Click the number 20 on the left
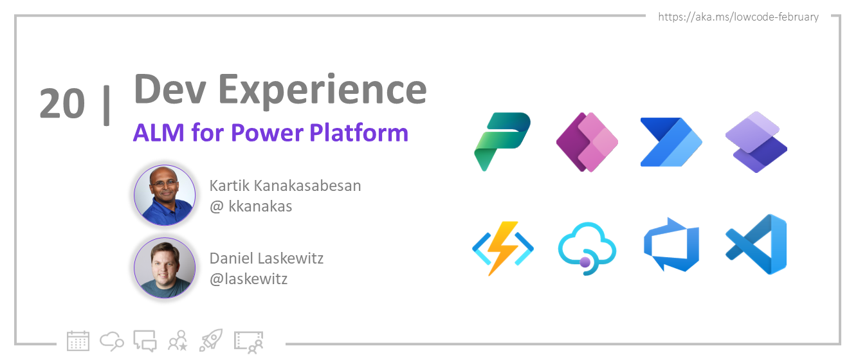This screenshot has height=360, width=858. pos(62,104)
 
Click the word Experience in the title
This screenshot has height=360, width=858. pos(322,91)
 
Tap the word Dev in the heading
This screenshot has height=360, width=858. pos(170,89)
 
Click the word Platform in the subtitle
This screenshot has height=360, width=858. pos(358,133)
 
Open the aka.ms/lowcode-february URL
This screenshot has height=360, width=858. pos(738,17)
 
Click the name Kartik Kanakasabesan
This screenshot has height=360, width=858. pos(285,186)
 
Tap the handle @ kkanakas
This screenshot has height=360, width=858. pos(251,206)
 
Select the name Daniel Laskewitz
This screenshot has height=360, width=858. pos(266,258)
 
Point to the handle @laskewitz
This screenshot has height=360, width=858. pos(249,279)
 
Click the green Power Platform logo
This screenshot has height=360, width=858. pos(502,141)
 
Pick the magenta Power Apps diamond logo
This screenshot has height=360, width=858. pos(587,142)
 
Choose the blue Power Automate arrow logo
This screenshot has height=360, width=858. pos(671,142)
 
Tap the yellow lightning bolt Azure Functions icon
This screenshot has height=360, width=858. pos(502,248)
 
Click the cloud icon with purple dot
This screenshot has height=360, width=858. pos(587,249)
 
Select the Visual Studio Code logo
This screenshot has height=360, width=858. pos(756,244)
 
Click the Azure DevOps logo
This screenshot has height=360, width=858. pos(671,244)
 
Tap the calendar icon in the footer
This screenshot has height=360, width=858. pos(78,341)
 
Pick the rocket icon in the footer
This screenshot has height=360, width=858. pos(211,340)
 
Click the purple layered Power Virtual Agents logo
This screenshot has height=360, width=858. pos(756,142)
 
